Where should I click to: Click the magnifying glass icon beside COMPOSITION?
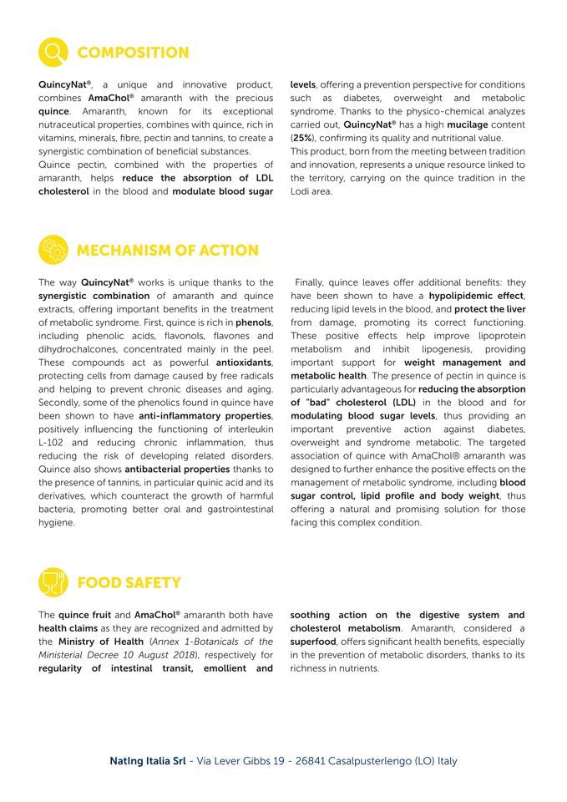coord(53,53)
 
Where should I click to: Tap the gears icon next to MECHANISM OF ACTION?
coord(53,250)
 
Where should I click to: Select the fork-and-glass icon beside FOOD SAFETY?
coord(53,582)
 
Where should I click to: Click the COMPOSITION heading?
coord(133,53)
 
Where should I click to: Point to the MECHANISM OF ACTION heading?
coord(167,251)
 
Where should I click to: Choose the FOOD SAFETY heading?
coord(129,582)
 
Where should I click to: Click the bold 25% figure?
coord(301,138)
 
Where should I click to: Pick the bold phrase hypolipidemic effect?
coord(477,296)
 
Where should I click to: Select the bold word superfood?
coord(313,642)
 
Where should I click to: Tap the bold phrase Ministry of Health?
coord(100,642)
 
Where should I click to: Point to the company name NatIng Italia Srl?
coord(147,761)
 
